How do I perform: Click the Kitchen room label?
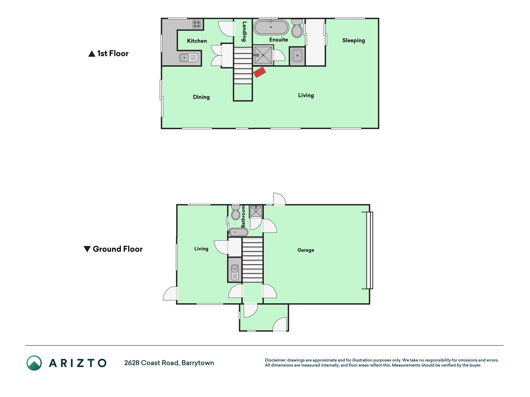click(197, 41)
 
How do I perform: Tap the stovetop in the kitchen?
click(197, 24)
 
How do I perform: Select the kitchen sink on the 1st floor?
click(188, 58)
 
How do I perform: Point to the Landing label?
click(244, 31)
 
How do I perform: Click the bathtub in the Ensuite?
click(271, 27)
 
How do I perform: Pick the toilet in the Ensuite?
click(297, 28)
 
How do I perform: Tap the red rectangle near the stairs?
click(260, 72)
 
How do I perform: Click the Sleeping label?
click(353, 41)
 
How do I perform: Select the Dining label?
click(201, 97)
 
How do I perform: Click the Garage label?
click(306, 250)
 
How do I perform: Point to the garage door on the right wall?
click(369, 250)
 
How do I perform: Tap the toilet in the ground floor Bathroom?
click(236, 212)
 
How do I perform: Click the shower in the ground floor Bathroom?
click(256, 212)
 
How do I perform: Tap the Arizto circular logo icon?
click(34, 363)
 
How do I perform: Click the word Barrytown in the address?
click(198, 363)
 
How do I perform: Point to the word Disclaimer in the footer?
click(275, 360)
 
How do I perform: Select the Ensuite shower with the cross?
click(263, 55)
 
